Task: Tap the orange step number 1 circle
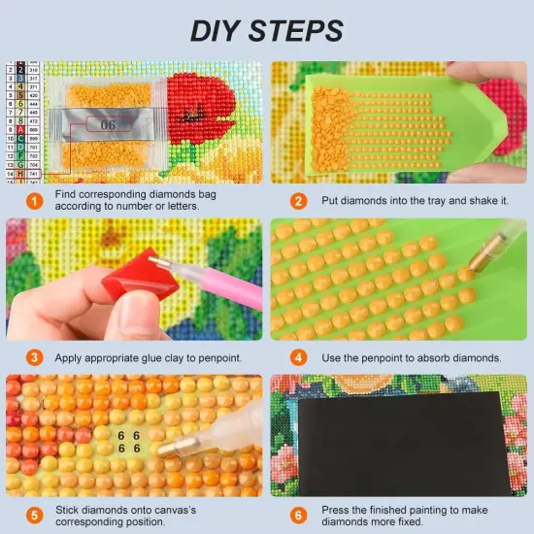click(x=35, y=200)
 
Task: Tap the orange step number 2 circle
click(x=300, y=200)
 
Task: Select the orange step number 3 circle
click(x=35, y=357)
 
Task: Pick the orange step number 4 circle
click(x=300, y=357)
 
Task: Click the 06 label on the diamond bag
click(x=107, y=125)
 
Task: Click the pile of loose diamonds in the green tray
click(x=335, y=126)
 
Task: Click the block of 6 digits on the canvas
click(x=129, y=443)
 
